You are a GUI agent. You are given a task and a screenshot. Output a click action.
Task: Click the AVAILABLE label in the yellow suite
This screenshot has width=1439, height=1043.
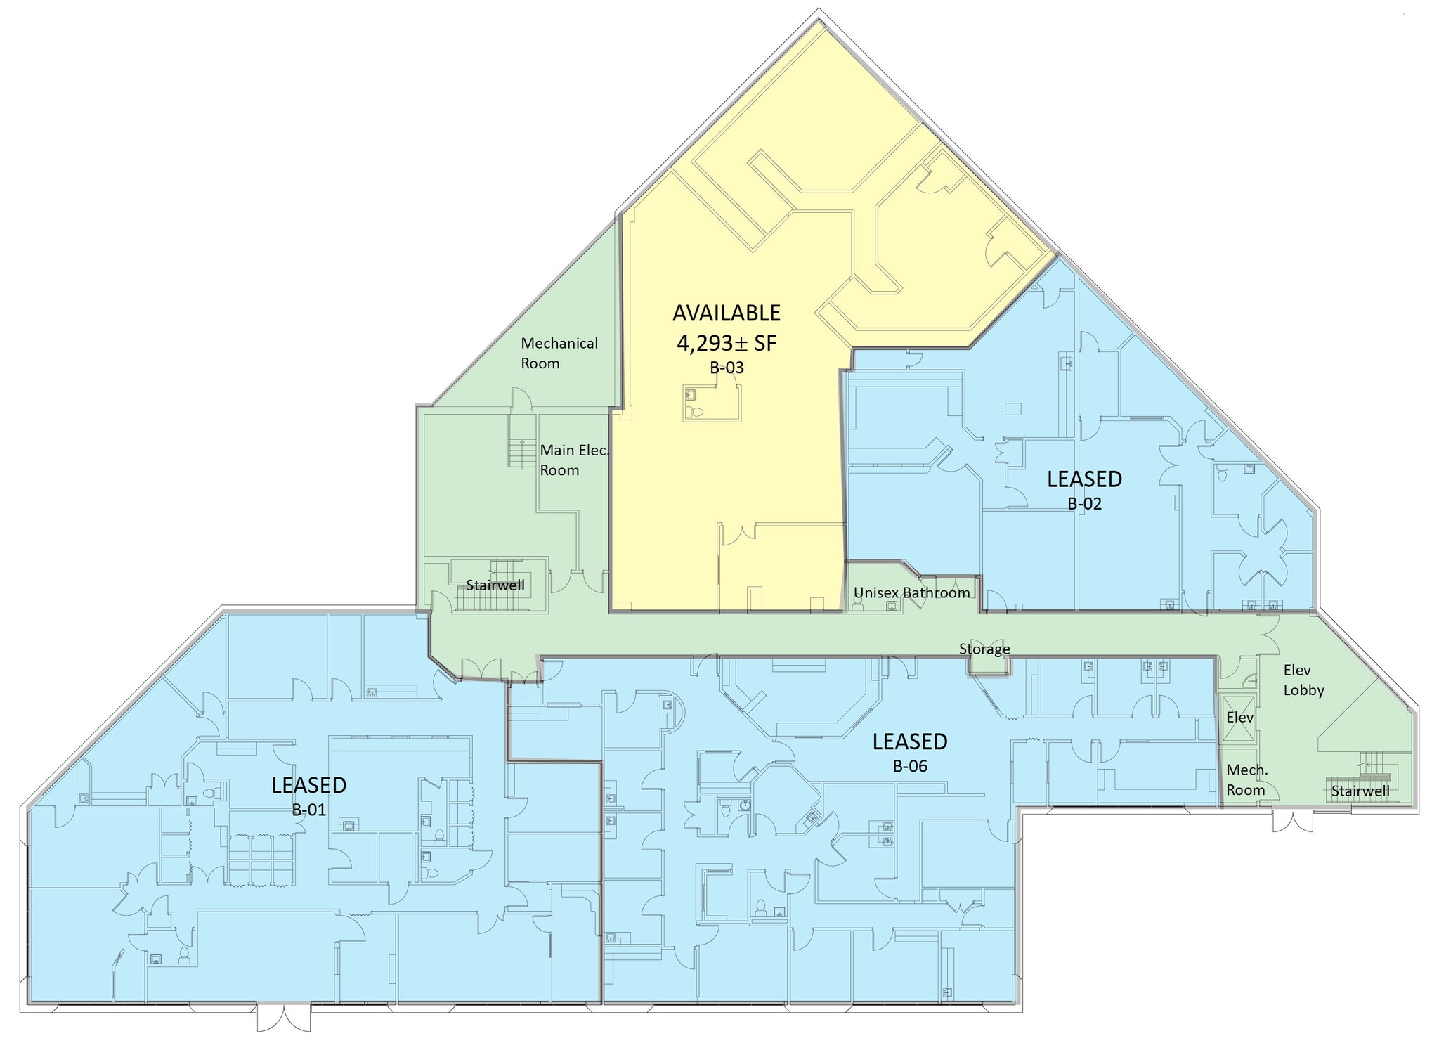[727, 313]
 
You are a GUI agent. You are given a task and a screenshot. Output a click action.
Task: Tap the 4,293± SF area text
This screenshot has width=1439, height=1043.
[727, 343]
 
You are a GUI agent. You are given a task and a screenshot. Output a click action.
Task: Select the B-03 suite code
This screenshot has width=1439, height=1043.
[727, 368]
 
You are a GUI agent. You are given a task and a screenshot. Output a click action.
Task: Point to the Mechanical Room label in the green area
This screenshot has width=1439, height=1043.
[559, 354]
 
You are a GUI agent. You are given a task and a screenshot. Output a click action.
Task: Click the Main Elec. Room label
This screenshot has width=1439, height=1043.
[574, 460]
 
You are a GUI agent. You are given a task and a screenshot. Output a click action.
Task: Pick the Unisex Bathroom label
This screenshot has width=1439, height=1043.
[911, 592]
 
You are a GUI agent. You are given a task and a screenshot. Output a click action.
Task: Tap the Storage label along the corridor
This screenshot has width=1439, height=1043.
[984, 649]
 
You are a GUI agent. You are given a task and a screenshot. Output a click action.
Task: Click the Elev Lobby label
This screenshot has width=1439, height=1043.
[1303, 680]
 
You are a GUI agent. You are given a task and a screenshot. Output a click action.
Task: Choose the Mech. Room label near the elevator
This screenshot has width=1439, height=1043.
[1246, 780]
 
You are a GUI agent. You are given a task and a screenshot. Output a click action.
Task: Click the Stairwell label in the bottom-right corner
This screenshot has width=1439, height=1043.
[1360, 791]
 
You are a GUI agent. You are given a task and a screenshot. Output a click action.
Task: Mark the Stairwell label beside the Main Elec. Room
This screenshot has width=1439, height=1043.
[495, 585]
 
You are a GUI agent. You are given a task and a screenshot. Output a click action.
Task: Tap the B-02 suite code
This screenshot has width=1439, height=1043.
[1084, 504]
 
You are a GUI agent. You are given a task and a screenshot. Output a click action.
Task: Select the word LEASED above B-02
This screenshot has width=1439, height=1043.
[1084, 479]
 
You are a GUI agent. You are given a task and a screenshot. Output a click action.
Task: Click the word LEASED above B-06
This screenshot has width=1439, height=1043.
[910, 741]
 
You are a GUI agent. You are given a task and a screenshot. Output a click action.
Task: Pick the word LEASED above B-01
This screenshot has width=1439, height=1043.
[309, 785]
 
